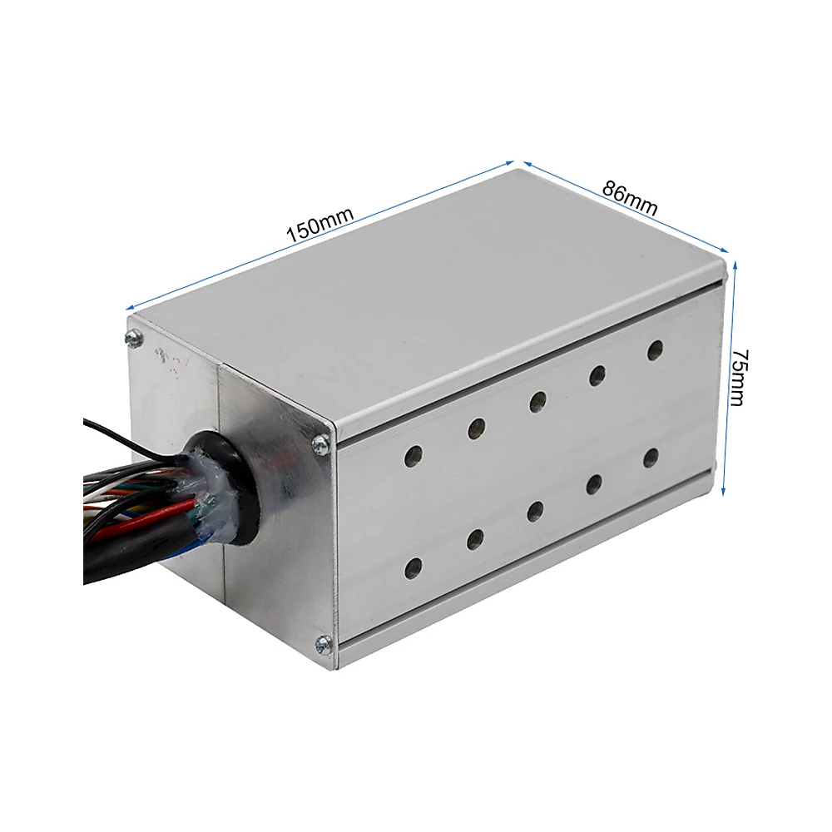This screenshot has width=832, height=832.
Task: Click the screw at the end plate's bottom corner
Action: click(323, 645)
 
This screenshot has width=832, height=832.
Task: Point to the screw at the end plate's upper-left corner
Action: click(134, 338)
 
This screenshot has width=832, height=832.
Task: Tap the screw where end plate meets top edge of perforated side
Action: click(321, 443)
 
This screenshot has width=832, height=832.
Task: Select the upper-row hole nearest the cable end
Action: click(414, 456)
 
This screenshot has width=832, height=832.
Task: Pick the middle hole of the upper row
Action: click(537, 401)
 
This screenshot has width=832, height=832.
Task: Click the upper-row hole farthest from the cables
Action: click(655, 350)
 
